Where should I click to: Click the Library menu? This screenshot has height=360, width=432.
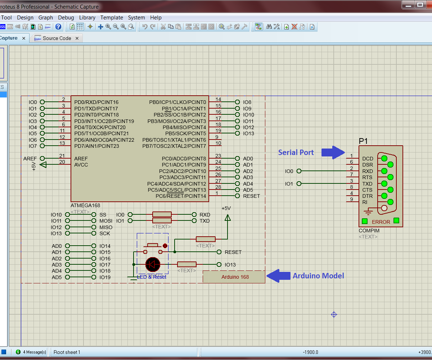click(x=87, y=17)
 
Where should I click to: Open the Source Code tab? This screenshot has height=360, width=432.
click(x=57, y=38)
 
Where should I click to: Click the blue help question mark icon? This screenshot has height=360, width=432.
click(x=58, y=27)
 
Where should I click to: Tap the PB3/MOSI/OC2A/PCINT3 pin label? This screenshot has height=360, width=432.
click(x=176, y=121)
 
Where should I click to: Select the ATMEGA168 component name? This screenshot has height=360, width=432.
click(x=85, y=205)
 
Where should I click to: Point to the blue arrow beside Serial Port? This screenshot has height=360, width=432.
click(x=333, y=152)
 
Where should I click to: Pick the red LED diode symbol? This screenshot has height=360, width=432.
click(x=153, y=265)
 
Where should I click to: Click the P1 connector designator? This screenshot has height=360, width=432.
click(x=363, y=141)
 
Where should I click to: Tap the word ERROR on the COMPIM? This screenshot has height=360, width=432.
click(x=381, y=222)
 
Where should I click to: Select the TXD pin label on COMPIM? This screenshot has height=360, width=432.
click(x=367, y=184)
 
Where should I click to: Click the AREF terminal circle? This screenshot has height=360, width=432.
click(x=42, y=159)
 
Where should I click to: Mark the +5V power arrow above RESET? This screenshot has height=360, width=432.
click(x=227, y=218)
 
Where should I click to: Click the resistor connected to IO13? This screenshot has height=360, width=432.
click(x=187, y=265)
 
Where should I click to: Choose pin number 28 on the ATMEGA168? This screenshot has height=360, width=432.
click(x=218, y=187)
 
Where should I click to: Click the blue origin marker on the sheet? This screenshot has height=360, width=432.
click(x=334, y=315)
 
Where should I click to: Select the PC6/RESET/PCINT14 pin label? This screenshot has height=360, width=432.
click(x=181, y=196)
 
